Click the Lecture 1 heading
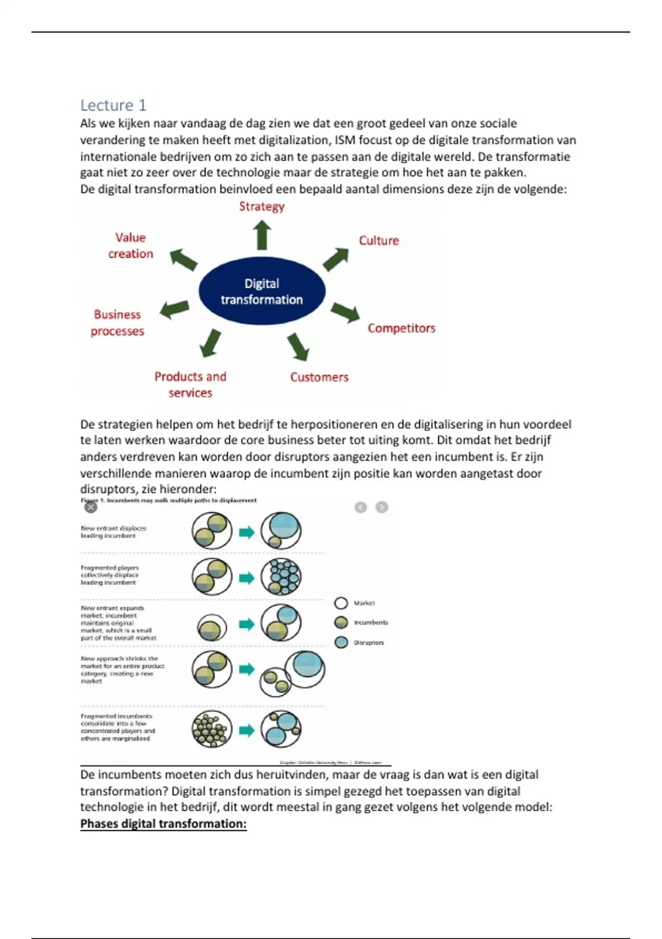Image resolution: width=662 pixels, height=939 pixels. click(x=113, y=105)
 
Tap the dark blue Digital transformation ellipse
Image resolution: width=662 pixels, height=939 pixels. click(x=261, y=291)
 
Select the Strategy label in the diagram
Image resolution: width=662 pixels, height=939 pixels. click(x=261, y=207)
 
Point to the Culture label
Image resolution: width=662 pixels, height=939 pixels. click(x=378, y=241)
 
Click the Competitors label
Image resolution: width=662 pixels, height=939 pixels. click(x=401, y=328)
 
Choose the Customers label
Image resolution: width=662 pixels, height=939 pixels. click(x=319, y=377)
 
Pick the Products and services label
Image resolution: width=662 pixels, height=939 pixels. click(x=190, y=384)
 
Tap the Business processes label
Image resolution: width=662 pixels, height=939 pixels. click(x=117, y=323)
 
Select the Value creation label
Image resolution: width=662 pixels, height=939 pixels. click(x=131, y=246)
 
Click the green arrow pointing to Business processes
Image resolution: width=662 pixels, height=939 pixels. click(x=174, y=309)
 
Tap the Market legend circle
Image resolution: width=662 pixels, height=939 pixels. click(x=341, y=603)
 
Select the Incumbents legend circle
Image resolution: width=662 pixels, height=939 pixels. click(x=341, y=623)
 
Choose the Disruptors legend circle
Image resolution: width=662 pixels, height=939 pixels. click(x=341, y=642)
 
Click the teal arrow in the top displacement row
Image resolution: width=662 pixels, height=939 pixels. click(x=247, y=532)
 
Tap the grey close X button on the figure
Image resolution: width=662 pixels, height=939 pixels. click(x=91, y=507)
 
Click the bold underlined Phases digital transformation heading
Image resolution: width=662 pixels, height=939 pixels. click(x=163, y=824)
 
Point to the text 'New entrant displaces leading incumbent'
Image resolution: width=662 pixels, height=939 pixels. click(x=113, y=532)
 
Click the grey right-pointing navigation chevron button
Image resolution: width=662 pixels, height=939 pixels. click(x=382, y=507)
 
